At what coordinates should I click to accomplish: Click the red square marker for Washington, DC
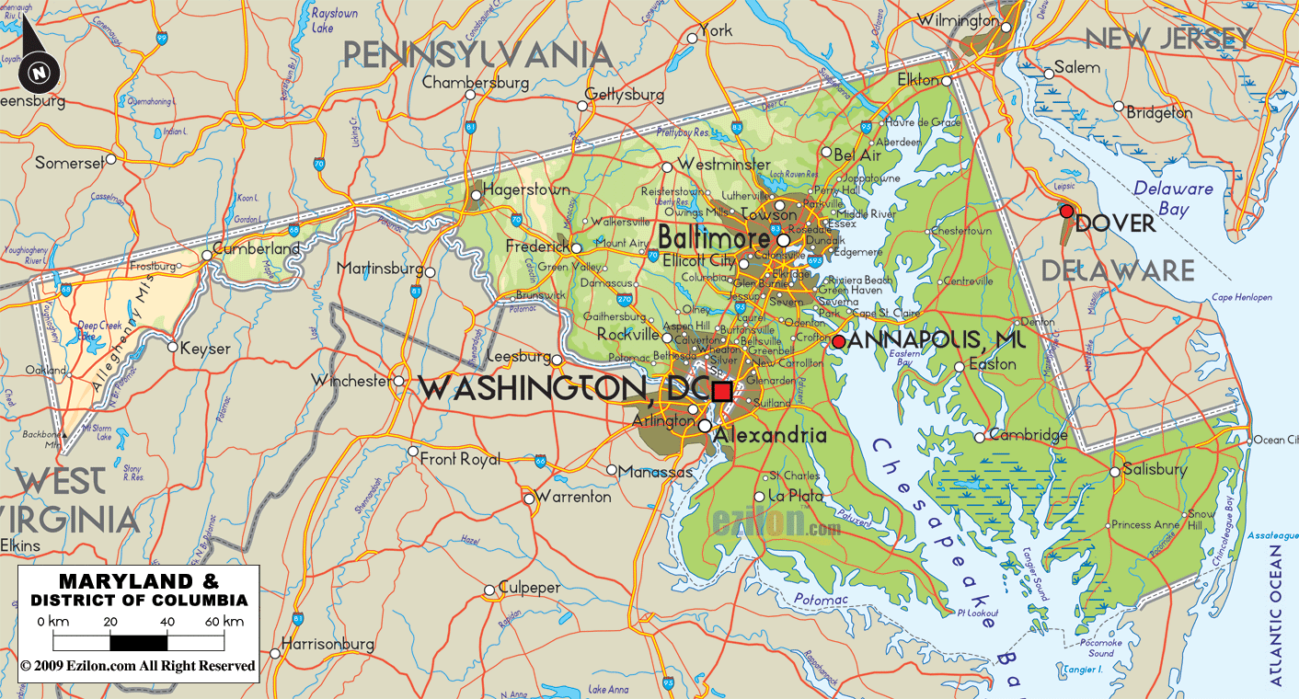pyautogui.click(x=722, y=391)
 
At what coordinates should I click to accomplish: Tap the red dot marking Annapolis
pyautogui.click(x=839, y=342)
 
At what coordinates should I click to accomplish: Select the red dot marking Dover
pyautogui.click(x=1066, y=212)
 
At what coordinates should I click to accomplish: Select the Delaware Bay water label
pyautogui.click(x=1173, y=199)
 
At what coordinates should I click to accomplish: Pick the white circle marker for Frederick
pyautogui.click(x=576, y=248)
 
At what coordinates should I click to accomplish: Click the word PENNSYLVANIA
pyautogui.click(x=477, y=55)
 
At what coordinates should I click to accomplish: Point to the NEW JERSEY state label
pyautogui.click(x=1168, y=40)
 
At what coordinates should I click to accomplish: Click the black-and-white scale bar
pyautogui.click(x=138, y=642)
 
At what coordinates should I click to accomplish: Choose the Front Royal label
pyautogui.click(x=460, y=459)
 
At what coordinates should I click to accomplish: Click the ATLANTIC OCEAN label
pyautogui.click(x=1276, y=615)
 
